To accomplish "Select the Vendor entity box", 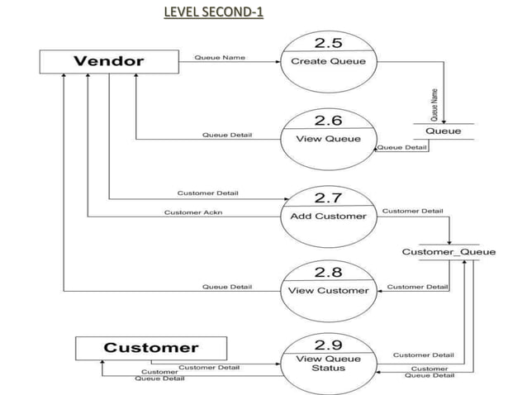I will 109,61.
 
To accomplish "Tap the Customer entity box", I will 150,347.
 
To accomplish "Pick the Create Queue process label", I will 328,61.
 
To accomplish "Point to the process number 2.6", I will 328,121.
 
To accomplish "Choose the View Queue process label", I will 328,138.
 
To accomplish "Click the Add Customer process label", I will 328,216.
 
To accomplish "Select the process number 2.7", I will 328,197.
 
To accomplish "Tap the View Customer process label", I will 328,290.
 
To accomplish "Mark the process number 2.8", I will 328,272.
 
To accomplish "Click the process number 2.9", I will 328,343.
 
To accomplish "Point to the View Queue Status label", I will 328,364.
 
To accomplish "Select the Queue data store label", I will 444,131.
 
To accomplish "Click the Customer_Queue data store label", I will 449,251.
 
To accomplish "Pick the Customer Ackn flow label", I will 193,212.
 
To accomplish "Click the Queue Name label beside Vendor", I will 219,57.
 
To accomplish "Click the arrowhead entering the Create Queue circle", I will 277,61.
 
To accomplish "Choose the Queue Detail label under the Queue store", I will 402,147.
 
